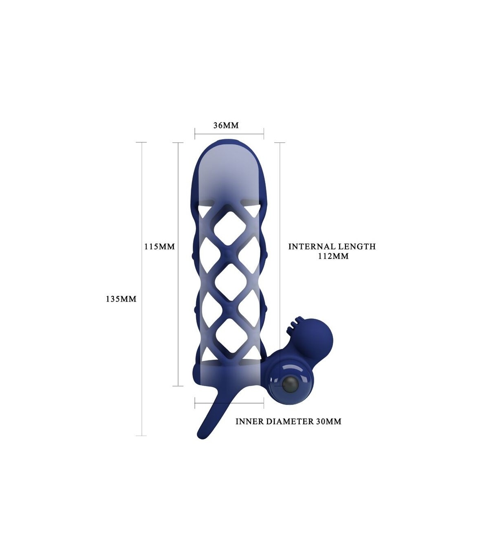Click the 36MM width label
coord(226,125)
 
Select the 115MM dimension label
coord(160,247)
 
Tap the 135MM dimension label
coord(121,299)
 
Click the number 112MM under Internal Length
coord(333,256)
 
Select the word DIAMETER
coord(290,421)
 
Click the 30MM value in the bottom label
coord(328,421)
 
